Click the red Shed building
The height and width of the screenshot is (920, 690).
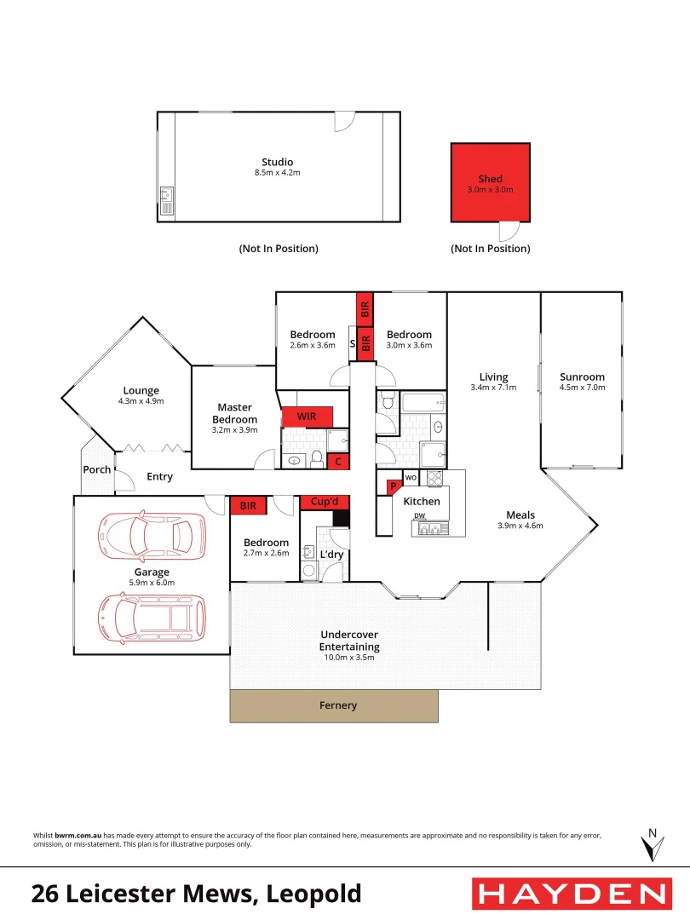[490, 182]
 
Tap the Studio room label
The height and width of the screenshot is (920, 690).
[277, 162]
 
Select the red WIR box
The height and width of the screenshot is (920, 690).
[307, 417]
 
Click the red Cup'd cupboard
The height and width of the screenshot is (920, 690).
[325, 502]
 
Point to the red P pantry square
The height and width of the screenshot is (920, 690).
[394, 486]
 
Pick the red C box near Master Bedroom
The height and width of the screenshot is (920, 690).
[338, 462]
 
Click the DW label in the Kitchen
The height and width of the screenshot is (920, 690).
[419, 516]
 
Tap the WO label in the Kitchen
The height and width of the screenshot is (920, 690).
[411, 477]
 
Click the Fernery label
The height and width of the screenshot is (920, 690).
[338, 705]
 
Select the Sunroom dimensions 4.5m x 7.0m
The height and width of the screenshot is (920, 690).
[582, 388]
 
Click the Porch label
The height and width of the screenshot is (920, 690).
[96, 470]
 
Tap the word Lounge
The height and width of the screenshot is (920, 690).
[141, 391]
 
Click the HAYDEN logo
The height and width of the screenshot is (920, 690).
[571, 894]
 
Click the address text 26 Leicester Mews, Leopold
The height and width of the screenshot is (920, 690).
[197, 894]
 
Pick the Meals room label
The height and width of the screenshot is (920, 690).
[520, 515]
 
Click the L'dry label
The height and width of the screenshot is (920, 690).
[331, 555]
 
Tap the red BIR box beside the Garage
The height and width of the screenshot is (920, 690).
[248, 505]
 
